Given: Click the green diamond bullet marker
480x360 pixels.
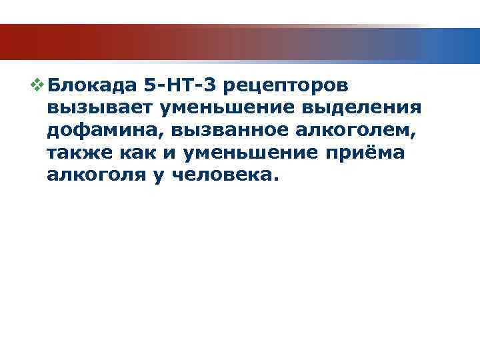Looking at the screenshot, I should coord(38,85).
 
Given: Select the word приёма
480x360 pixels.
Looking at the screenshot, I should coord(367,153).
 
